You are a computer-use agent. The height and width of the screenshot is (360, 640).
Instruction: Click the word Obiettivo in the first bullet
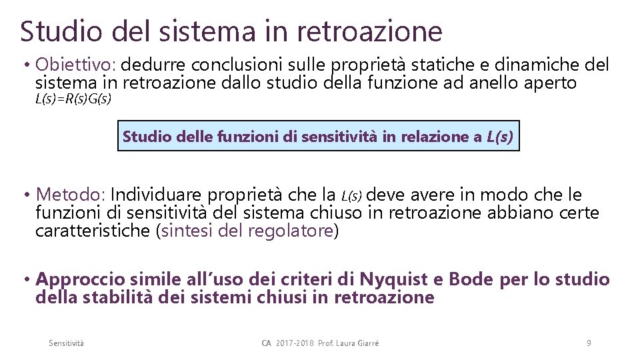click(x=77, y=65)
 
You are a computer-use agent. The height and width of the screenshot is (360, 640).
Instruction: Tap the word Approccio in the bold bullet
click(x=84, y=279)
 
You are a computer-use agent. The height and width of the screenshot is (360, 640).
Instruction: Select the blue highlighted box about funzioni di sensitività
click(x=318, y=137)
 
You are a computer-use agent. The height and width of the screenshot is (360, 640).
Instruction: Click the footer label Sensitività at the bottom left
click(x=67, y=343)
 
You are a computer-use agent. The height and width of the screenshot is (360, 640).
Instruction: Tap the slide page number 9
click(x=588, y=343)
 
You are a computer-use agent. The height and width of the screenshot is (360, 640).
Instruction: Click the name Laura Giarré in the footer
click(x=358, y=343)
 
